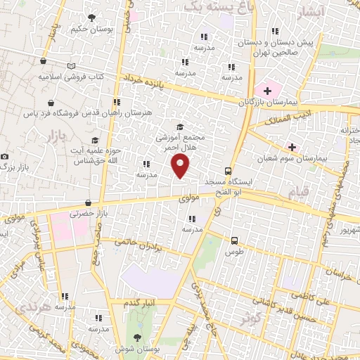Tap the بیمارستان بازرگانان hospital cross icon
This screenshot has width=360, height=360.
267,91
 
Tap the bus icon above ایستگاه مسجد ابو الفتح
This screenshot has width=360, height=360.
228,171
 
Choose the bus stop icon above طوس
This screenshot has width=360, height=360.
235,240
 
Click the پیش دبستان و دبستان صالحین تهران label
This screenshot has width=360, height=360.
288,46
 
